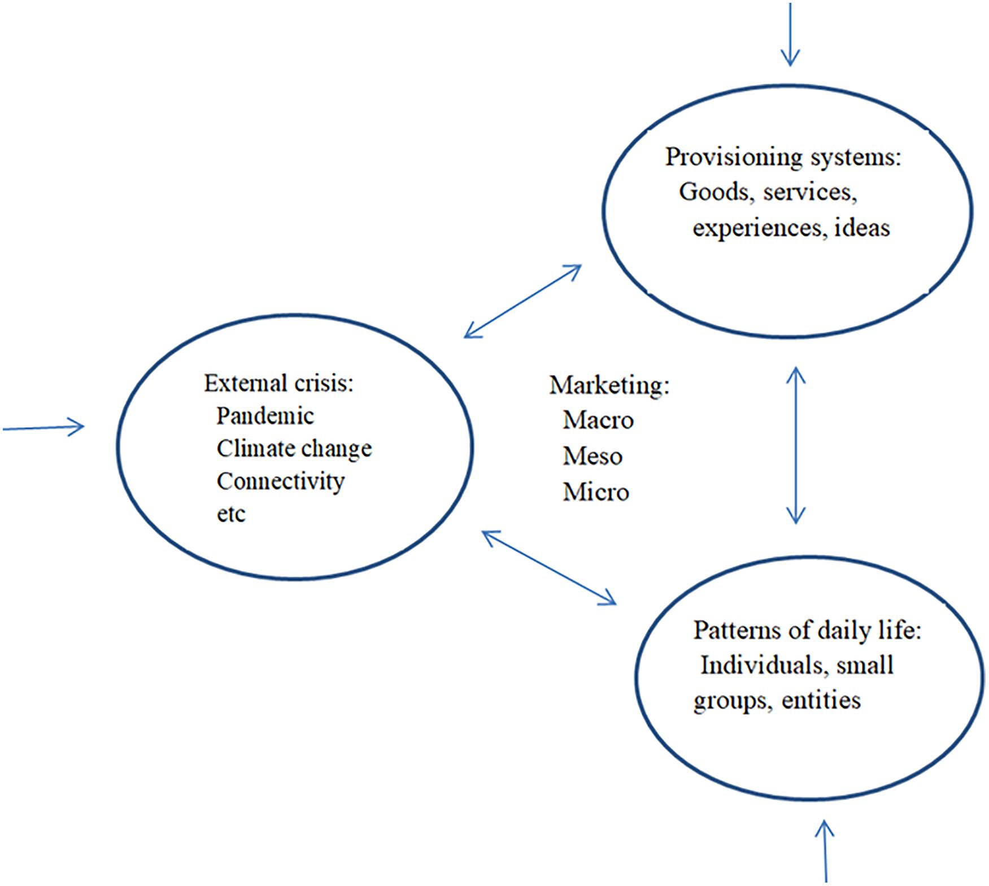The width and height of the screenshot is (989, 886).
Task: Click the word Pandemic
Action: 265,416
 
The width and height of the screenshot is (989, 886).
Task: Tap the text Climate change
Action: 294,449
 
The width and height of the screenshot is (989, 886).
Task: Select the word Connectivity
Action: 281,481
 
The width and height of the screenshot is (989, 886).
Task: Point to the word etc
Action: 231,514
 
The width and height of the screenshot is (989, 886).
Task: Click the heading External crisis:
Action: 278,383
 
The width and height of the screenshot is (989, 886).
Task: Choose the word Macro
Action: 598,420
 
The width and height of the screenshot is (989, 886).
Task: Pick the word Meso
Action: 592,456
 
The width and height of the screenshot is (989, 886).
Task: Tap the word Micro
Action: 596,492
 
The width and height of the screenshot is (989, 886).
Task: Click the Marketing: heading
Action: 609,385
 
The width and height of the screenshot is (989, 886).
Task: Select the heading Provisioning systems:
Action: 783,157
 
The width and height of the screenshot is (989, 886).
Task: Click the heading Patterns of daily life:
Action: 807,630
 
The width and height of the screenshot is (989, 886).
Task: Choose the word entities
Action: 821,701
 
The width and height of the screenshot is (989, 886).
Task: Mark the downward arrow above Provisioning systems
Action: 790,34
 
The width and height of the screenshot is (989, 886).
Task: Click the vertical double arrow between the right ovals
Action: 796,445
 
